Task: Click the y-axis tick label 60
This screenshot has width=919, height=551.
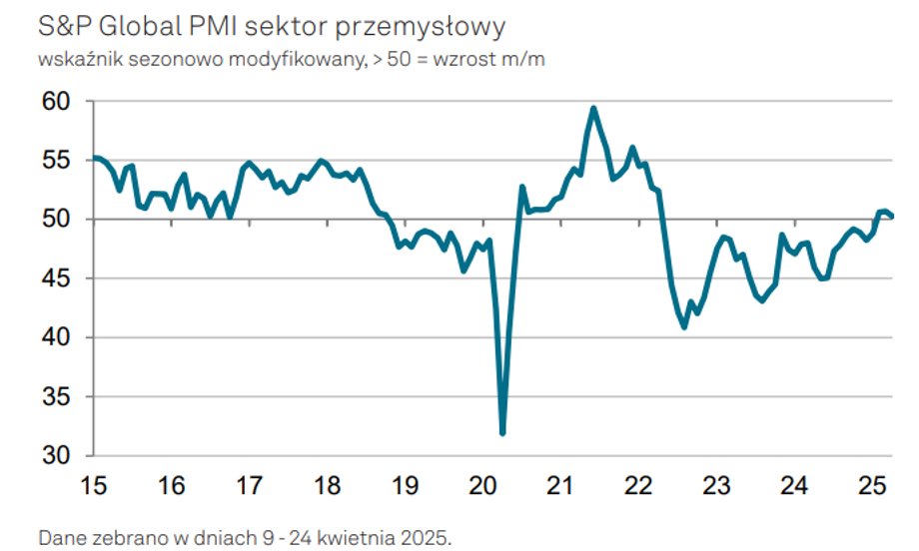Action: tap(56, 101)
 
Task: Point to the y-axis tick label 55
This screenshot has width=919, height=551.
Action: tap(56, 161)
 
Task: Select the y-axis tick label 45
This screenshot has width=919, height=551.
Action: tap(56, 278)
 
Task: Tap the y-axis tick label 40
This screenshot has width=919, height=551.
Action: tap(56, 337)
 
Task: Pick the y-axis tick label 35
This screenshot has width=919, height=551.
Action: tap(56, 397)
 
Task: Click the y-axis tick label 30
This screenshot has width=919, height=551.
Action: tap(56, 455)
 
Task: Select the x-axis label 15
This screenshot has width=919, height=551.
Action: tap(93, 485)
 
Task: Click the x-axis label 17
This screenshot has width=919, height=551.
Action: tap(249, 485)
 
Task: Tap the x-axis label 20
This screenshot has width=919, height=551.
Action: tap(482, 485)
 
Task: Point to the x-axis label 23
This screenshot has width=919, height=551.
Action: tap(716, 485)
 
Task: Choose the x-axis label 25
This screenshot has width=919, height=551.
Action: tap(872, 485)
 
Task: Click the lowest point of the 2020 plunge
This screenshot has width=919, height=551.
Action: tap(502, 433)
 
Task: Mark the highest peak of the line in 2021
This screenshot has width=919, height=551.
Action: tap(593, 109)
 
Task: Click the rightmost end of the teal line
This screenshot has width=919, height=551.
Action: tap(891, 216)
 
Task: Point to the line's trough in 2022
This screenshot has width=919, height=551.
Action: tap(684, 326)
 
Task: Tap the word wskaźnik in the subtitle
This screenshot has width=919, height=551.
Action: tap(80, 60)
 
